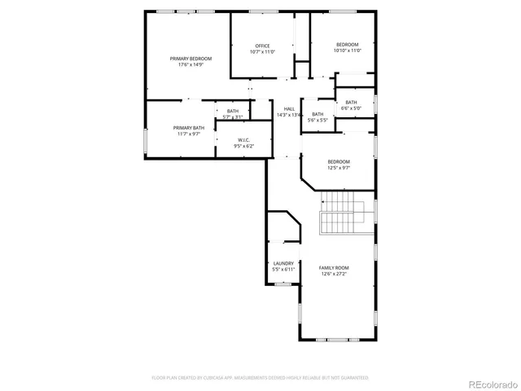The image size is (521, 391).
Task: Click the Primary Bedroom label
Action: (190, 59)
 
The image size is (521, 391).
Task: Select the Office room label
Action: (262, 46)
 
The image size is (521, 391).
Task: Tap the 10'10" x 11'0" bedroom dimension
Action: (347, 51)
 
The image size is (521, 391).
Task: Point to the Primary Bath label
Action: (186, 128)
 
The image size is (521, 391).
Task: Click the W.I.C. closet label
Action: (244, 140)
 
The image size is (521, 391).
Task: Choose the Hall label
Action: (289, 109)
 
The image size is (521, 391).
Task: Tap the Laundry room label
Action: (283, 263)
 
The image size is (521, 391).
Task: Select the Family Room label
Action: (334, 268)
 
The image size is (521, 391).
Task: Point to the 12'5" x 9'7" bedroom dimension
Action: (339, 168)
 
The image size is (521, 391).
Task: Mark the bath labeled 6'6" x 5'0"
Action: (351, 105)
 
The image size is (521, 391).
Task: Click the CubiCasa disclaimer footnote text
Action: (260, 378)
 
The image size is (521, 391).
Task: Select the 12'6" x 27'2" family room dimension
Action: (334, 274)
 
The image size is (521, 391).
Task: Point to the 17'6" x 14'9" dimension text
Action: (190, 64)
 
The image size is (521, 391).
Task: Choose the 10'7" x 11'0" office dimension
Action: (262, 51)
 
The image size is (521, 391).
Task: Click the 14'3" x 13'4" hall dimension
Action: (289, 115)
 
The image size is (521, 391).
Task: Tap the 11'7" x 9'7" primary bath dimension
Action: (186, 134)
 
